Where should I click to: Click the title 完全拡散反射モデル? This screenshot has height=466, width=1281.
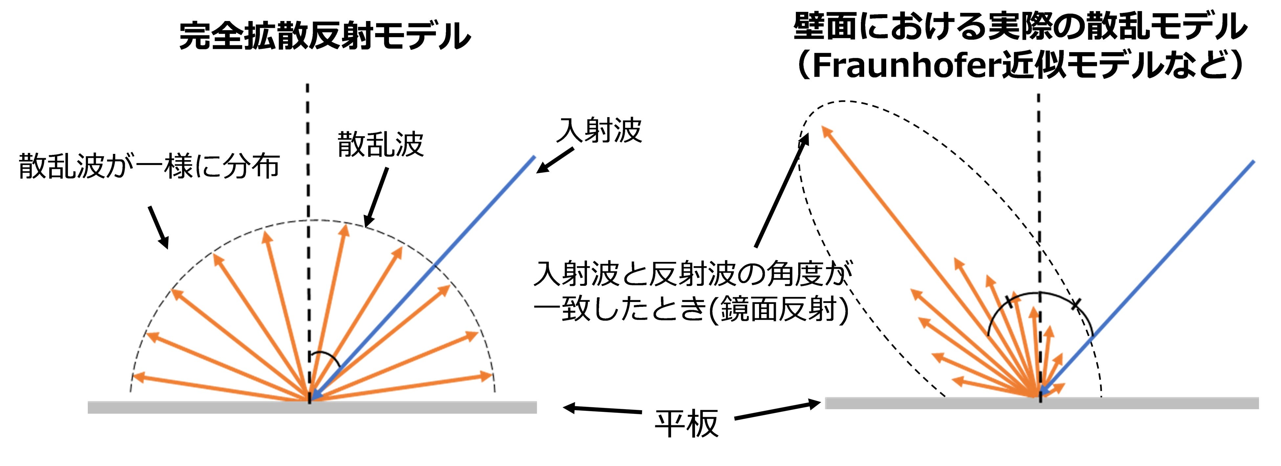[x=324, y=36]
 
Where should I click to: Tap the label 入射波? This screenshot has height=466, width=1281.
[x=599, y=131]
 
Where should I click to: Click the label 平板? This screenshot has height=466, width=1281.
[x=686, y=424]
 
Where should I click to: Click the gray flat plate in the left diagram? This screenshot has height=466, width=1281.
[x=199, y=407]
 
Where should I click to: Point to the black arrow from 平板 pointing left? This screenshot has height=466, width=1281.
[x=602, y=409]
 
